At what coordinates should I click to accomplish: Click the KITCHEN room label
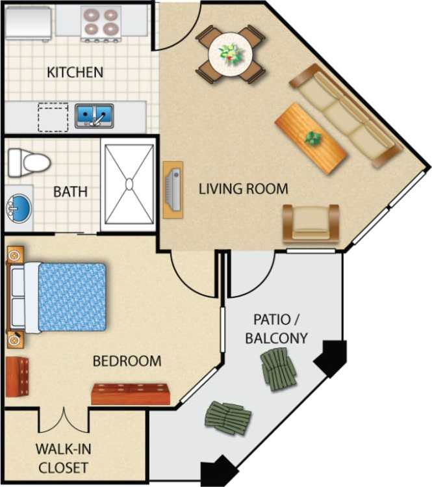75,72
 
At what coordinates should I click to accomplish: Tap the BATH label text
70,192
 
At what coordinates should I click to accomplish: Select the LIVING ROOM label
243,189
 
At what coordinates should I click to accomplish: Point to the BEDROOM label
127,361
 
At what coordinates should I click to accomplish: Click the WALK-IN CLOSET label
62,457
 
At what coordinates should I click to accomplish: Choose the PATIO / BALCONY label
280,329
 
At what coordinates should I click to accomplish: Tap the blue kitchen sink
94,116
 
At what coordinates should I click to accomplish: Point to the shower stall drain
129,185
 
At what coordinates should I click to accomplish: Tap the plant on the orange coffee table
314,138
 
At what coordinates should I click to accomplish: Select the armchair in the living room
310,223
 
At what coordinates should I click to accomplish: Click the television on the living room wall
172,189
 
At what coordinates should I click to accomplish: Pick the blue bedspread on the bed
71,296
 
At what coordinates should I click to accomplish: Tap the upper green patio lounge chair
278,369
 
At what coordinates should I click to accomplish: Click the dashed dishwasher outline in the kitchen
51,116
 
